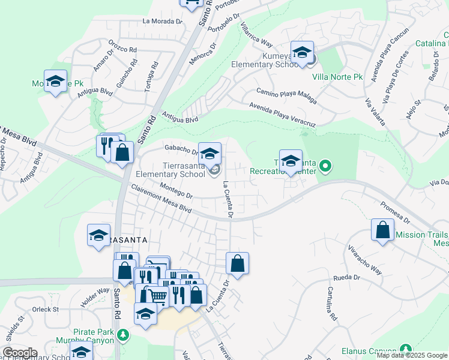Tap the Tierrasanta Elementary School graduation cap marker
click(x=209, y=153)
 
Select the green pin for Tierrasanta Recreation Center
click(x=325, y=164)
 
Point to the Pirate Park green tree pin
click(x=123, y=334)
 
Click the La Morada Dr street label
click(x=162, y=21)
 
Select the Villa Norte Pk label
click(x=337, y=77)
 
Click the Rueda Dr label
click(x=348, y=278)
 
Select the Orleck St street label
click(x=46, y=310)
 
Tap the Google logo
click(x=19, y=353)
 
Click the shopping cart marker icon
click(x=157, y=296)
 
